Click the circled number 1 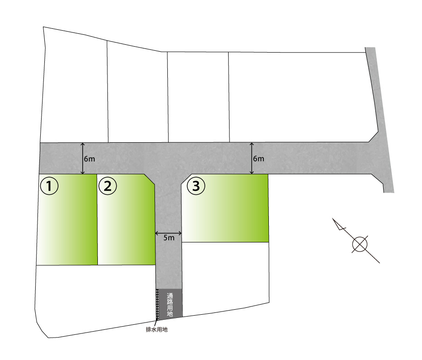pyautogui.click(x=49, y=186)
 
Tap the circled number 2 pyautogui.click(x=107, y=186)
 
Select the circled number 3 pyautogui.click(x=196, y=186)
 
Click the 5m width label pyautogui.click(x=169, y=238)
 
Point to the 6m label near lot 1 pyautogui.click(x=89, y=159)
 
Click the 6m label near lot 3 pyautogui.click(x=258, y=159)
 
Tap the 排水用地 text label pyautogui.click(x=157, y=329)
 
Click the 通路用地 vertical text pyautogui.click(x=170, y=305)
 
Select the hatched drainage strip pyautogui.click(x=157, y=305)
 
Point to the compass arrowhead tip pyautogui.click(x=333, y=218)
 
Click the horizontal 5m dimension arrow pyautogui.click(x=168, y=233)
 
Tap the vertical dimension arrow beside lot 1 pyautogui.click(x=83, y=159)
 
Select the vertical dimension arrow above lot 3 pyautogui.click(x=252, y=158)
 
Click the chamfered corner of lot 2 pyautogui.click(x=150, y=179)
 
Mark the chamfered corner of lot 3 pyautogui.click(x=186, y=179)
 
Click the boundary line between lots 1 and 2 pyautogui.click(x=97, y=220)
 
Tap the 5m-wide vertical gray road pyautogui.click(x=169, y=231)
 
